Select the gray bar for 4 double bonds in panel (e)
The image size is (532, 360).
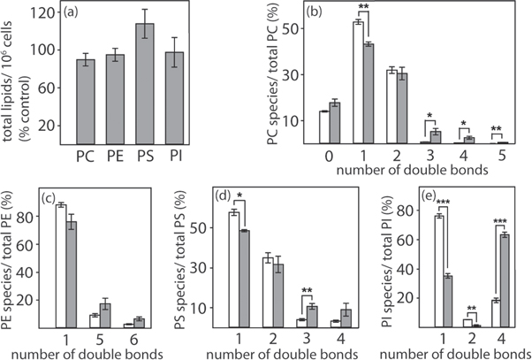pos(503,281)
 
